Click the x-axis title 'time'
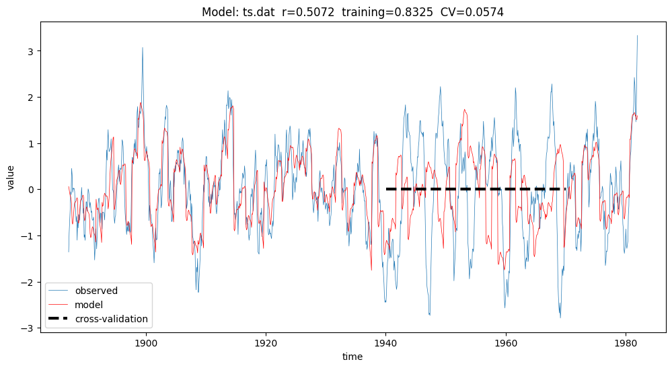click(x=352, y=357)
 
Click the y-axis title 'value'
click(x=11, y=176)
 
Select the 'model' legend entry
click(x=88, y=305)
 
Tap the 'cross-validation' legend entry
click(x=111, y=319)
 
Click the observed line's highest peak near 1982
click(x=637, y=36)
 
